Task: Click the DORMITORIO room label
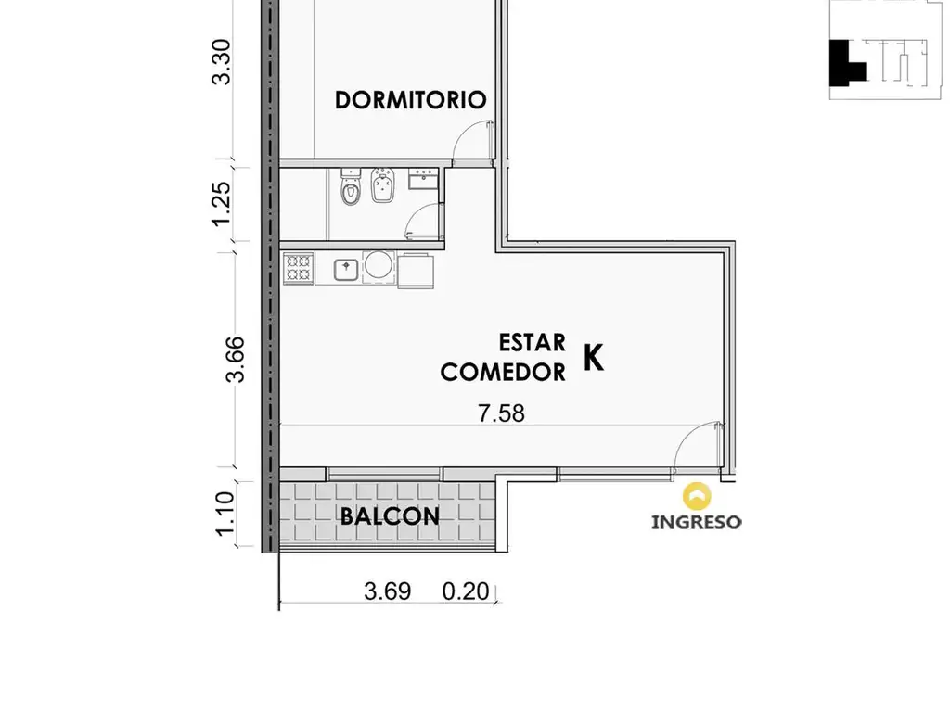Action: click(410, 100)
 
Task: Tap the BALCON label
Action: click(390, 516)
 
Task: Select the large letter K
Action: click(594, 357)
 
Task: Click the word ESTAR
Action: click(532, 343)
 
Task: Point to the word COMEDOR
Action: click(503, 372)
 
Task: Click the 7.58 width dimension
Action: click(502, 413)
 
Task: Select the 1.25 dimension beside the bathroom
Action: click(221, 203)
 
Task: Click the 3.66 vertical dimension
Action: click(235, 359)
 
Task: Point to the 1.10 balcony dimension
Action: click(225, 514)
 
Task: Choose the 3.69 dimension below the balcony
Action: click(388, 591)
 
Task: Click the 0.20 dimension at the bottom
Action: click(466, 591)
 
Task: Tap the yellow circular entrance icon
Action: click(697, 497)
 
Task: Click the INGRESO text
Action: click(696, 522)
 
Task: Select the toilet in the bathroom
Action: click(351, 187)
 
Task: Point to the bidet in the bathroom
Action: click(383, 184)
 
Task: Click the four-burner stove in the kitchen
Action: click(298, 268)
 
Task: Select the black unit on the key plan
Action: click(843, 63)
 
